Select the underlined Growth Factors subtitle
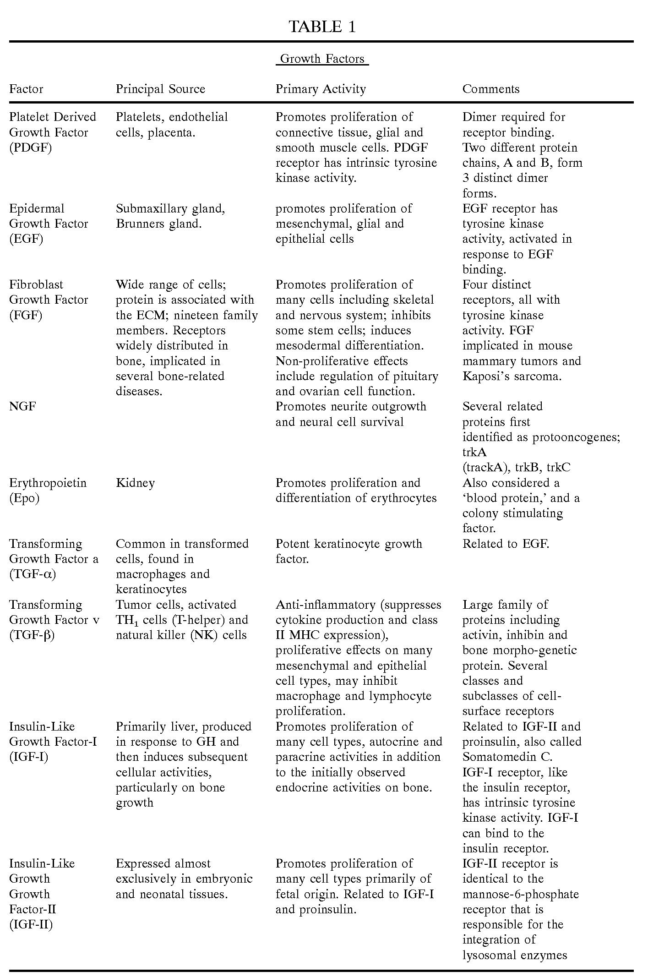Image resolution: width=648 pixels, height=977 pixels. coord(322,59)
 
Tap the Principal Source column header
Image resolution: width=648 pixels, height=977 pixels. coord(160,89)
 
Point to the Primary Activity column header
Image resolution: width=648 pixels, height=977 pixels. coord(321,89)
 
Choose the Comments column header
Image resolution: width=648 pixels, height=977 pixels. coord(491,89)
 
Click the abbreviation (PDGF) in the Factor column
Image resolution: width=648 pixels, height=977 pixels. coord(31,148)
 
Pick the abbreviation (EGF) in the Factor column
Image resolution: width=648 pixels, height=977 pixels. coord(26,239)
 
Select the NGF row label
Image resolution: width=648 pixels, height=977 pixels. coord(22,406)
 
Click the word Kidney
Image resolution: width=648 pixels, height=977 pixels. coord(135,483)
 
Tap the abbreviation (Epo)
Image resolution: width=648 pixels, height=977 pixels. coord(24,498)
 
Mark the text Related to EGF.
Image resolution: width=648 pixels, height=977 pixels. coord(506,544)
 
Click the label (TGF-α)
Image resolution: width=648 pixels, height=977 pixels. coord(33,574)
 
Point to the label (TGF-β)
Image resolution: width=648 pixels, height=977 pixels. coord(32,635)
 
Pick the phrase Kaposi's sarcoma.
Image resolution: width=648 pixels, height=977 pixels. coord(512,377)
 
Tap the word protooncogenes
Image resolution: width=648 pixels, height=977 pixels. coord(576,437)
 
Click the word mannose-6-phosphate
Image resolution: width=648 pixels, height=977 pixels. coord(520,894)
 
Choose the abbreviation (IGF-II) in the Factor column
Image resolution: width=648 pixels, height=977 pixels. coord(31,924)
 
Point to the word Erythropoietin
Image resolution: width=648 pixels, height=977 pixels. coord(48,483)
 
